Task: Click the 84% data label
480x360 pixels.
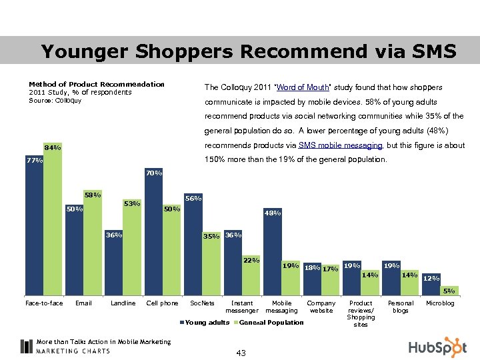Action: tap(53, 147)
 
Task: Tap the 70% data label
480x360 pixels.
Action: tap(154, 173)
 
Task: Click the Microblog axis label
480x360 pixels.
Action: tap(440, 303)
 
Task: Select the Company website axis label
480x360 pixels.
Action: tap(321, 307)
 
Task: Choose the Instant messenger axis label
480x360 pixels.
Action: tap(242, 307)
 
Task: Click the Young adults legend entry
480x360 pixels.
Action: tap(205, 323)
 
